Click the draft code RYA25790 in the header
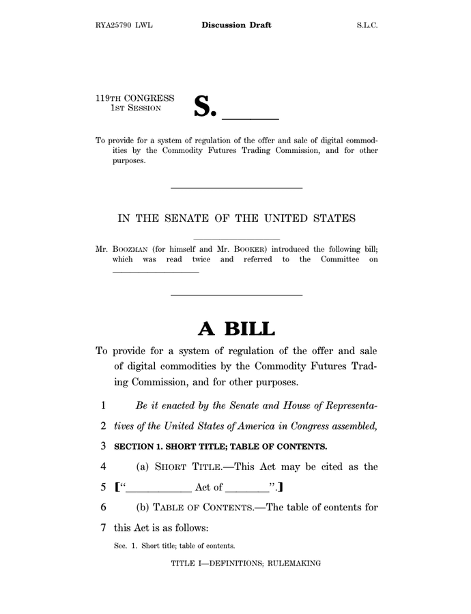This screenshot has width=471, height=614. pyautogui.click(x=114, y=25)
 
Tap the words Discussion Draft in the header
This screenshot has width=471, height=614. pyautogui.click(x=236, y=25)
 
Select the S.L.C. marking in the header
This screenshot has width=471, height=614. pyautogui.click(x=367, y=25)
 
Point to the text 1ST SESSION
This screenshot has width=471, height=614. pyautogui.click(x=136, y=108)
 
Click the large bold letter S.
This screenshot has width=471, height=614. pyautogui.click(x=205, y=106)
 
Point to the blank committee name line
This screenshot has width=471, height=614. pyautogui.click(x=155, y=272)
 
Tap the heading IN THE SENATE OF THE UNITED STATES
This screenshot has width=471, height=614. pyautogui.click(x=236, y=218)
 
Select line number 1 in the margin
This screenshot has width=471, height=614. pyautogui.click(x=102, y=405)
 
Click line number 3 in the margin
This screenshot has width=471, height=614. pyautogui.click(x=102, y=447)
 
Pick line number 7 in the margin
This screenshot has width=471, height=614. pyautogui.click(x=102, y=527)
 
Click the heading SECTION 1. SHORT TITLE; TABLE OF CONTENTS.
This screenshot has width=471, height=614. pyautogui.click(x=220, y=447)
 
